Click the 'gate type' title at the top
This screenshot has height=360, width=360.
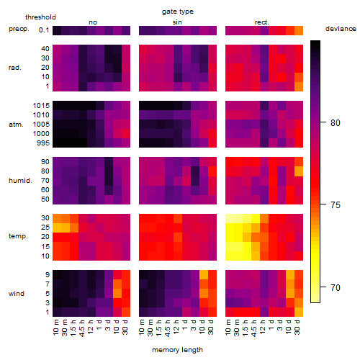pyautogui.click(x=178, y=12)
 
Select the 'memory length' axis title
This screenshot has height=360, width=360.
pyautogui.click(x=177, y=350)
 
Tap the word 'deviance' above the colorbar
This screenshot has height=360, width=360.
pyautogui.click(x=341, y=29)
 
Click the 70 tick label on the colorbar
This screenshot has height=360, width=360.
pyautogui.click(x=336, y=287)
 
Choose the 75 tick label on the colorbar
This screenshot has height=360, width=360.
pyautogui.click(x=336, y=204)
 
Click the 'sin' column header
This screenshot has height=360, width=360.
pyautogui.click(x=177, y=22)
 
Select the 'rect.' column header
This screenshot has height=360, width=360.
pyautogui.click(x=261, y=22)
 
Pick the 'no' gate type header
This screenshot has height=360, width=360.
pyautogui.click(x=93, y=22)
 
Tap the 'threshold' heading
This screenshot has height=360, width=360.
pyautogui.click(x=40, y=17)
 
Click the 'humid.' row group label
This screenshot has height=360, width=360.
pyautogui.click(x=20, y=180)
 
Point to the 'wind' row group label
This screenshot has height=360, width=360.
pyautogui.click(x=17, y=294)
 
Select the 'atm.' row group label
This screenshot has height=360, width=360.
pyautogui.click(x=16, y=125)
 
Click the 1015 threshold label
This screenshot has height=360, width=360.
pyautogui.click(x=41, y=105)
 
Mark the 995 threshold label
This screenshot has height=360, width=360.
pyautogui.click(x=43, y=143)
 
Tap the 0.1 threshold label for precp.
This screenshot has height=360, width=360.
pyautogui.click(x=44, y=30)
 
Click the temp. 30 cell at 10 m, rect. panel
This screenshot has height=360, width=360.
pyautogui.click(x=230, y=218)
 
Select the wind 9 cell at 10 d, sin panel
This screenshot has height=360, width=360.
pyautogui.click(x=204, y=275)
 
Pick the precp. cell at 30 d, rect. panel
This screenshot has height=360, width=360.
pyautogui.click(x=299, y=30)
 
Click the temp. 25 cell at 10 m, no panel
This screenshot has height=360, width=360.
pyautogui.click(x=57, y=228)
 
